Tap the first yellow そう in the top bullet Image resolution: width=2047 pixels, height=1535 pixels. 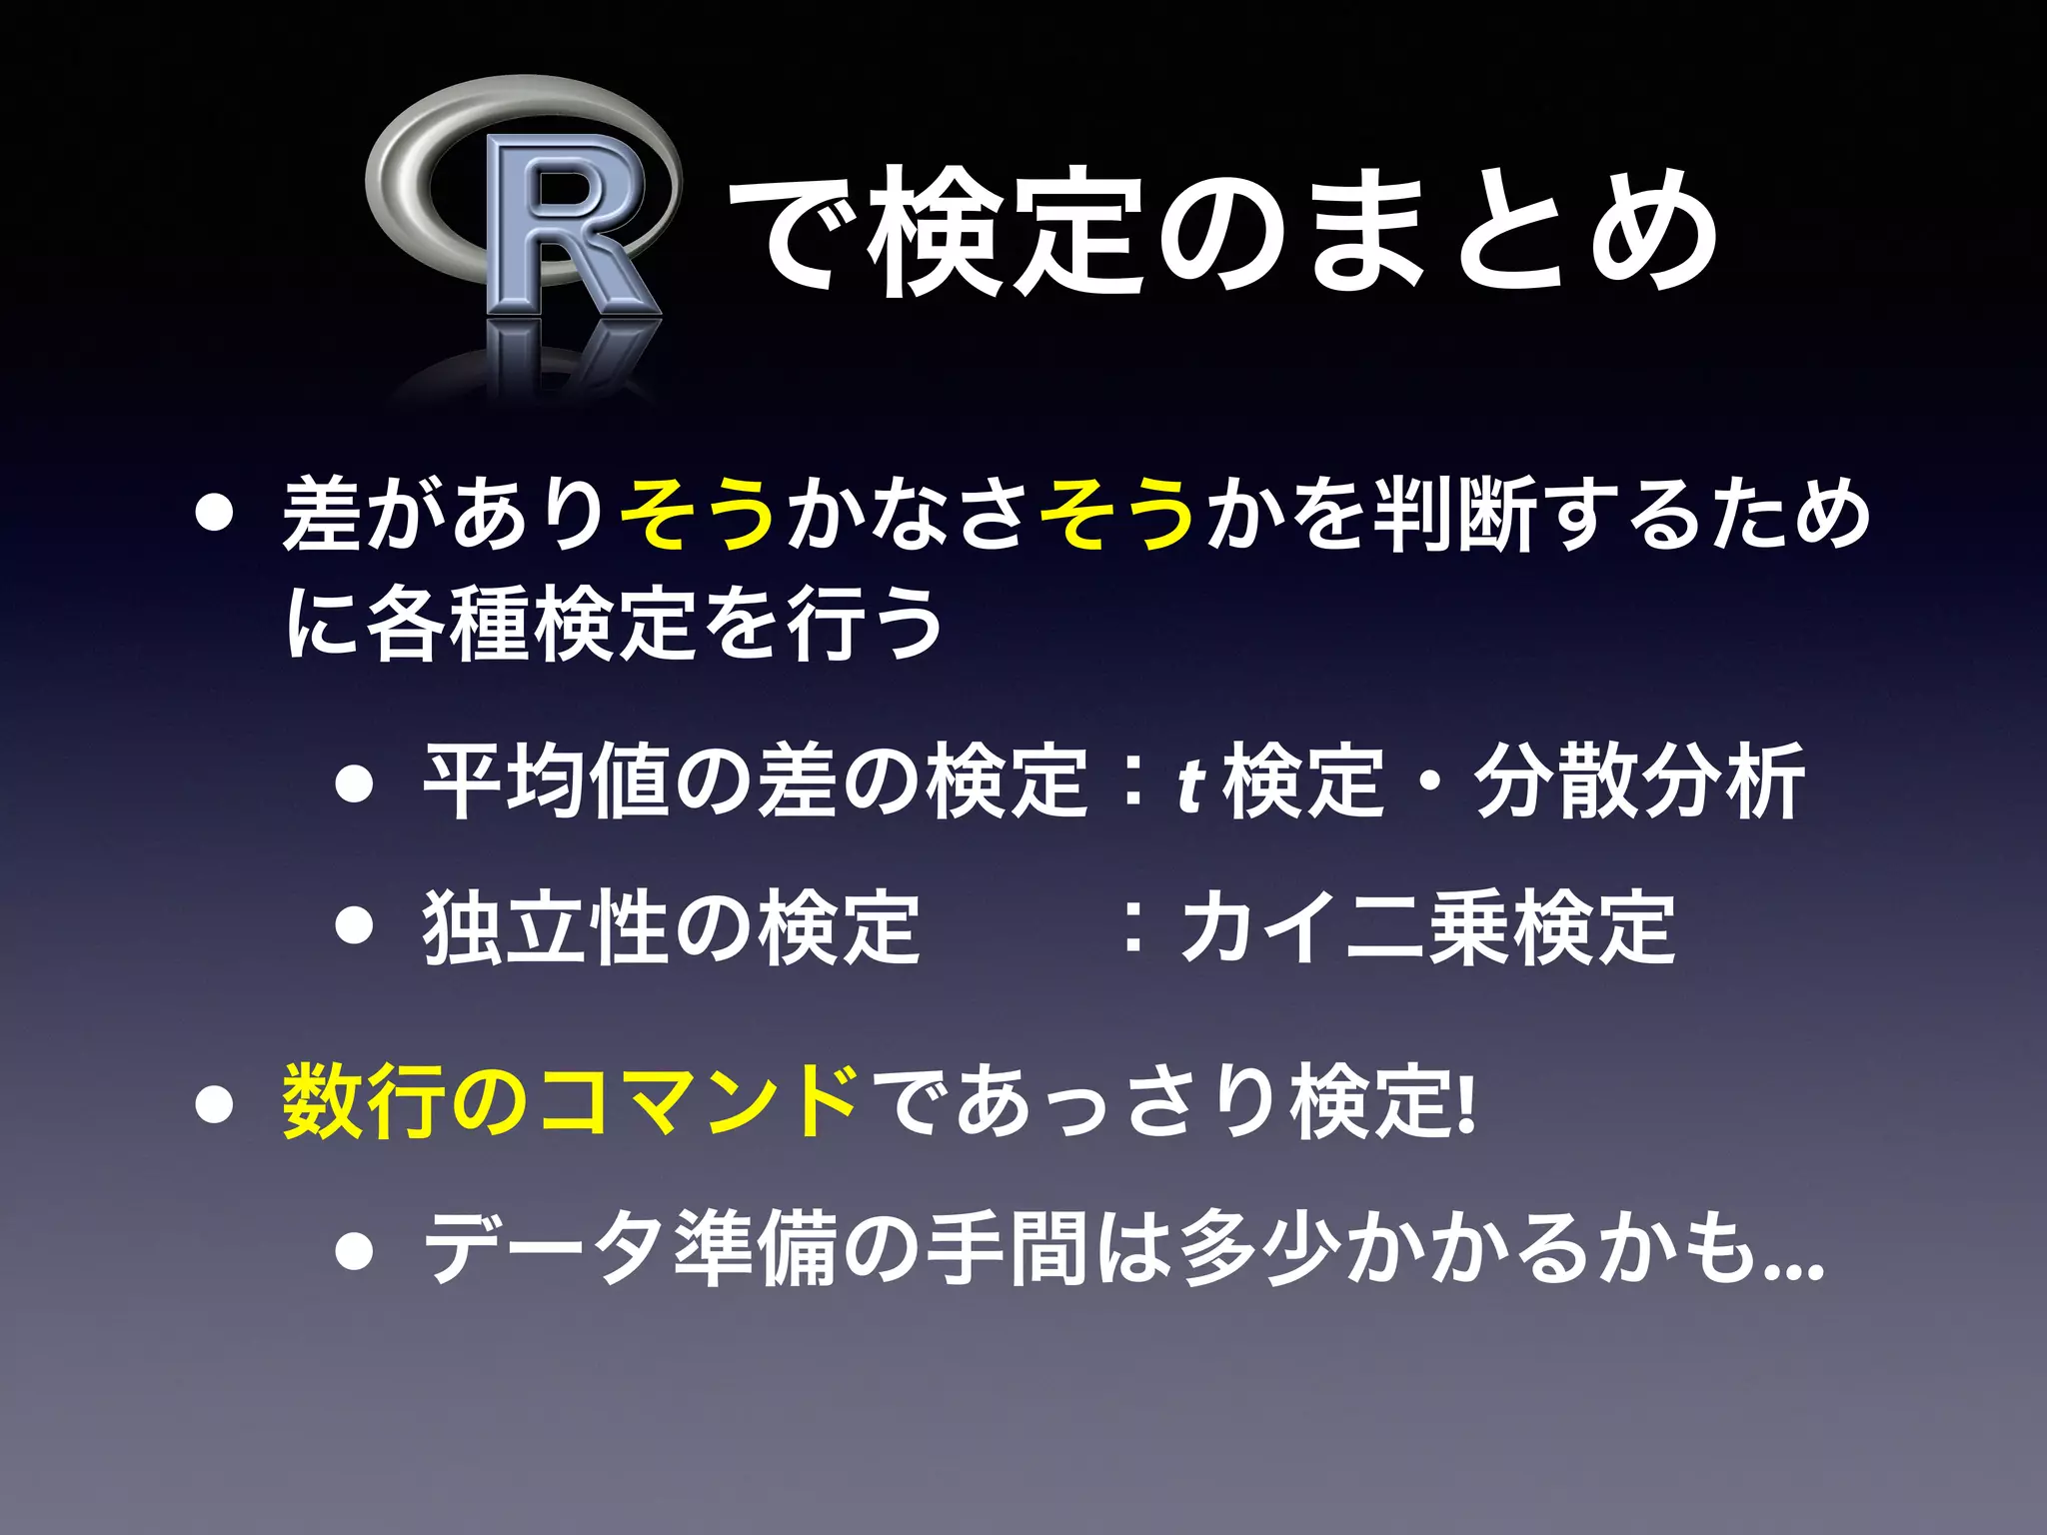click(700, 514)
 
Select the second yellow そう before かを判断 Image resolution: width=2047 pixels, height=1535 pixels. click(1119, 514)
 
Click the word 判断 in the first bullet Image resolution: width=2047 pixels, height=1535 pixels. click(1455, 514)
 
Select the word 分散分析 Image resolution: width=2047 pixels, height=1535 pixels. click(1639, 781)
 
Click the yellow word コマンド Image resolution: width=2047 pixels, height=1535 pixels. click(700, 1101)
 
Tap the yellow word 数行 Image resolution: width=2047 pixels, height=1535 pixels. click(366, 1101)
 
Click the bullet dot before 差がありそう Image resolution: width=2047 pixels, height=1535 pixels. click(214, 516)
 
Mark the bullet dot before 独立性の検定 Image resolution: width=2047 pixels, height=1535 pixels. click(355, 927)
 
